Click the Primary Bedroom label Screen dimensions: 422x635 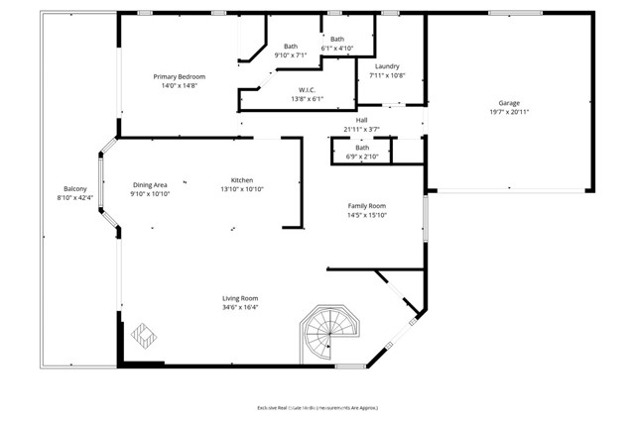(x=179, y=76)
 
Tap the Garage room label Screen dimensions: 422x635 (x=509, y=103)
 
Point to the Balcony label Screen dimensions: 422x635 (x=75, y=188)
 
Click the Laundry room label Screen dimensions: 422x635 (x=387, y=65)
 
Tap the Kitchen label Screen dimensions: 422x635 (x=241, y=179)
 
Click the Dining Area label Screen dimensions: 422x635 (x=150, y=184)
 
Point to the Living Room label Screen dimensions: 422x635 (x=240, y=298)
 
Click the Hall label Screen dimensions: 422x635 (x=361, y=120)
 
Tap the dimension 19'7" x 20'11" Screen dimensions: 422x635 (x=509, y=113)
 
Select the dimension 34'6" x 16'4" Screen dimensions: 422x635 (x=240, y=308)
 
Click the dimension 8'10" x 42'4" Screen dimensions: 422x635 (x=75, y=198)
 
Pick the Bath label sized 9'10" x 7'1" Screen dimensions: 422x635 (x=291, y=46)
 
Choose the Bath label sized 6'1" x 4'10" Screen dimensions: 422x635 (x=337, y=39)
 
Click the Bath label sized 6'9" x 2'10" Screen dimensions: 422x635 (x=361, y=148)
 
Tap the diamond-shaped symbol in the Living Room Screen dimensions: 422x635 (x=142, y=335)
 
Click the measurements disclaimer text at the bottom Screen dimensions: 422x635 (x=318, y=407)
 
